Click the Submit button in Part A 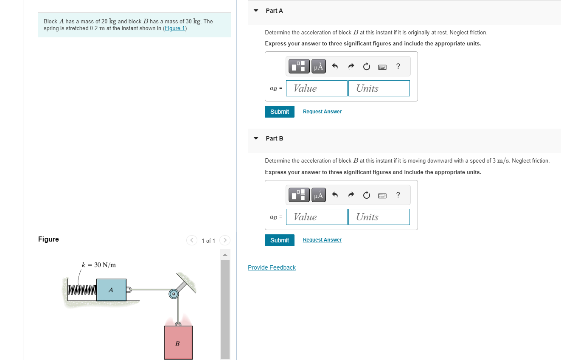click(279, 112)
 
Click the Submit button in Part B click(279, 240)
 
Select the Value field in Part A click(317, 88)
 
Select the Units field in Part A click(379, 88)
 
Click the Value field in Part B click(317, 217)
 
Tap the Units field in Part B click(379, 217)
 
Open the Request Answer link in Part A click(322, 112)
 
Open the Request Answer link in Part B click(322, 240)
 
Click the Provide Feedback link click(272, 267)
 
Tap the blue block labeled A click(111, 290)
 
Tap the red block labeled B click(178, 343)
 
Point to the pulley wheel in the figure click(173, 294)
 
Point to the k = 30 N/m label click(99, 265)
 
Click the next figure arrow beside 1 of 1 click(225, 240)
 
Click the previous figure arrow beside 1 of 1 click(192, 240)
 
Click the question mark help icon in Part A click(398, 66)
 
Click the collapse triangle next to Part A click(256, 11)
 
